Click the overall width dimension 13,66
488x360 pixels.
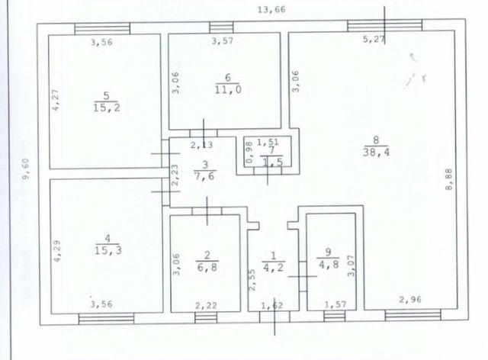tap(271, 10)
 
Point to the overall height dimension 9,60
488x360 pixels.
tap(26, 169)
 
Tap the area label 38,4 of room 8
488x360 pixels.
tap(376, 153)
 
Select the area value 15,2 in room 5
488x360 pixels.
tap(107, 108)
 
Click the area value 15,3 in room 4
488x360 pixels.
tap(108, 250)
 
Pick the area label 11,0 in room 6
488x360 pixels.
tap(228, 90)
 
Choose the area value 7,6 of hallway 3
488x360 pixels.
tap(205, 176)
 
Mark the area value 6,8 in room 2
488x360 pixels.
tap(207, 267)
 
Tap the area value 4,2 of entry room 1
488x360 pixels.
tap(273, 267)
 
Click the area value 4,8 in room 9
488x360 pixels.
tap(329, 264)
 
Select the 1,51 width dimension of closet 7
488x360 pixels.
tap(268, 143)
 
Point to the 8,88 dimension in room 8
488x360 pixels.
tap(449, 179)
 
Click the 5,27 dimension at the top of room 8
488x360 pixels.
tap(374, 40)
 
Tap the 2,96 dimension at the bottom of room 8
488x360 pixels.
tap(410, 300)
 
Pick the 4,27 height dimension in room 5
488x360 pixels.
tap(56, 100)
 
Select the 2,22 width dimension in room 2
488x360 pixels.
tap(206, 306)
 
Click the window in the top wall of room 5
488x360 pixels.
tap(102, 29)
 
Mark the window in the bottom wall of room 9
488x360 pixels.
tap(335, 316)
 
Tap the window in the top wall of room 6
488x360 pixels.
tap(221, 27)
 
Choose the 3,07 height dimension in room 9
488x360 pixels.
tap(351, 265)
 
